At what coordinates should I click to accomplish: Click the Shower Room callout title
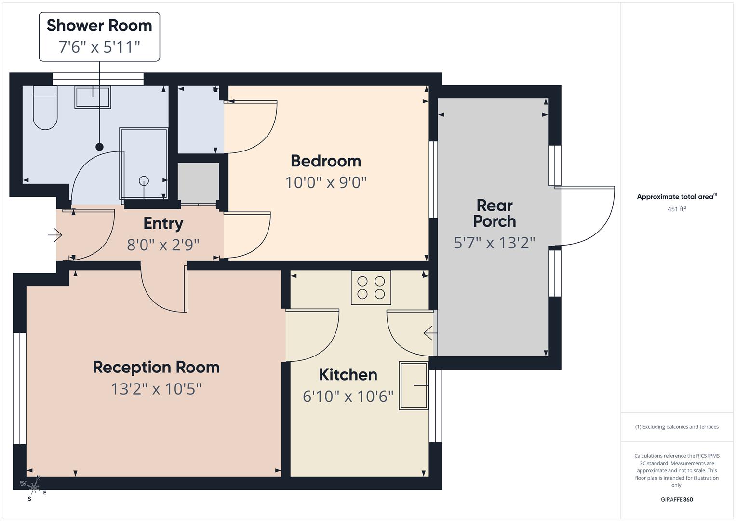[x=99, y=26]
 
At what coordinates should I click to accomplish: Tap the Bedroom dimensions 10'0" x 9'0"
[x=326, y=183]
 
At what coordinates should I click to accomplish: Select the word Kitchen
[x=348, y=375]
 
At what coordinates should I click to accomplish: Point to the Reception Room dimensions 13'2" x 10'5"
[x=156, y=389]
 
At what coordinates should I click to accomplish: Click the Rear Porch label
[x=495, y=213]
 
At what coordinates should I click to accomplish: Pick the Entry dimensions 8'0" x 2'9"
[x=163, y=245]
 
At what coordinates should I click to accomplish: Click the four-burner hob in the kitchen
[x=371, y=288]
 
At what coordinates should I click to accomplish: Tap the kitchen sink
[x=414, y=385]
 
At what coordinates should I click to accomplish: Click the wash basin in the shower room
[x=93, y=97]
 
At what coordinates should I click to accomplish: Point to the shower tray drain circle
[x=144, y=181]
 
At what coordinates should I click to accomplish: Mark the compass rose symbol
[x=33, y=488]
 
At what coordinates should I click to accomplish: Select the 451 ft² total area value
[x=676, y=209]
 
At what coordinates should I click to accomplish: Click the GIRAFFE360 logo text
[x=676, y=499]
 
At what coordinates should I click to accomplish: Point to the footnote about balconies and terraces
[x=676, y=427]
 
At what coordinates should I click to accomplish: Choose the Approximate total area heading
[x=676, y=197]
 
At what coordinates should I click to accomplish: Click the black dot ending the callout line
[x=99, y=147]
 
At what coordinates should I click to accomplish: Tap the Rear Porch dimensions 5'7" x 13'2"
[x=495, y=243]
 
